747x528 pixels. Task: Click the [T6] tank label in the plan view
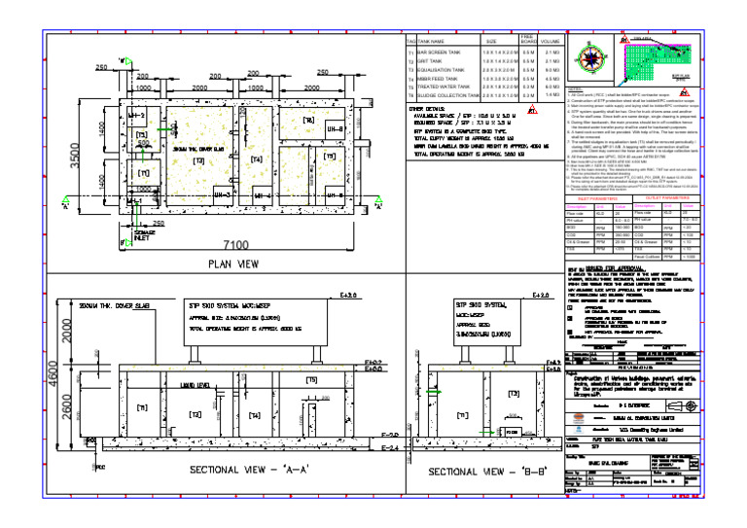(x=308, y=121)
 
